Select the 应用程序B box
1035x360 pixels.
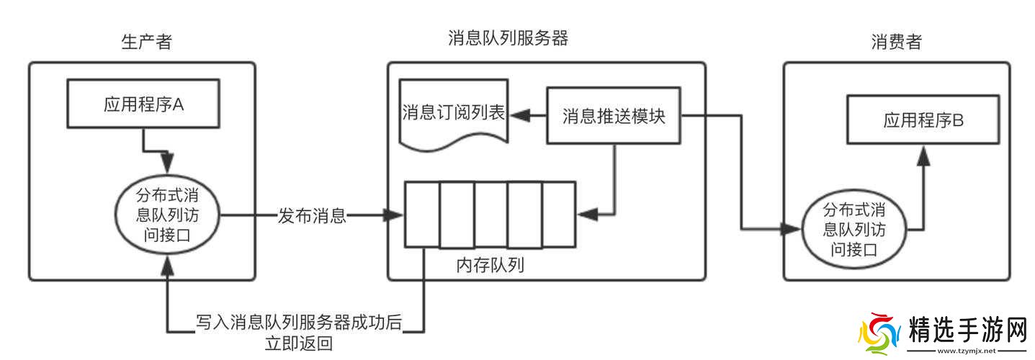pyautogui.click(x=923, y=121)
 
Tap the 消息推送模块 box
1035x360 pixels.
pyautogui.click(x=614, y=115)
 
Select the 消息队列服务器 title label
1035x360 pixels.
pyautogui.click(x=508, y=38)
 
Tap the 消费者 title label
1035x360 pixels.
pyautogui.click(x=895, y=42)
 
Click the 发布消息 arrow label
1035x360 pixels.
pyautogui.click(x=312, y=215)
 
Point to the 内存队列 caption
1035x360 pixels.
pyautogui.click(x=490, y=265)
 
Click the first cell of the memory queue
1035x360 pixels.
pyautogui.click(x=422, y=215)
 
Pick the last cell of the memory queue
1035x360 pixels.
pyautogui.click(x=559, y=215)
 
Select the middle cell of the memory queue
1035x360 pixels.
pyautogui.click(x=490, y=215)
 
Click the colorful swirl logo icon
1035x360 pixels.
pyautogui.click(x=880, y=333)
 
